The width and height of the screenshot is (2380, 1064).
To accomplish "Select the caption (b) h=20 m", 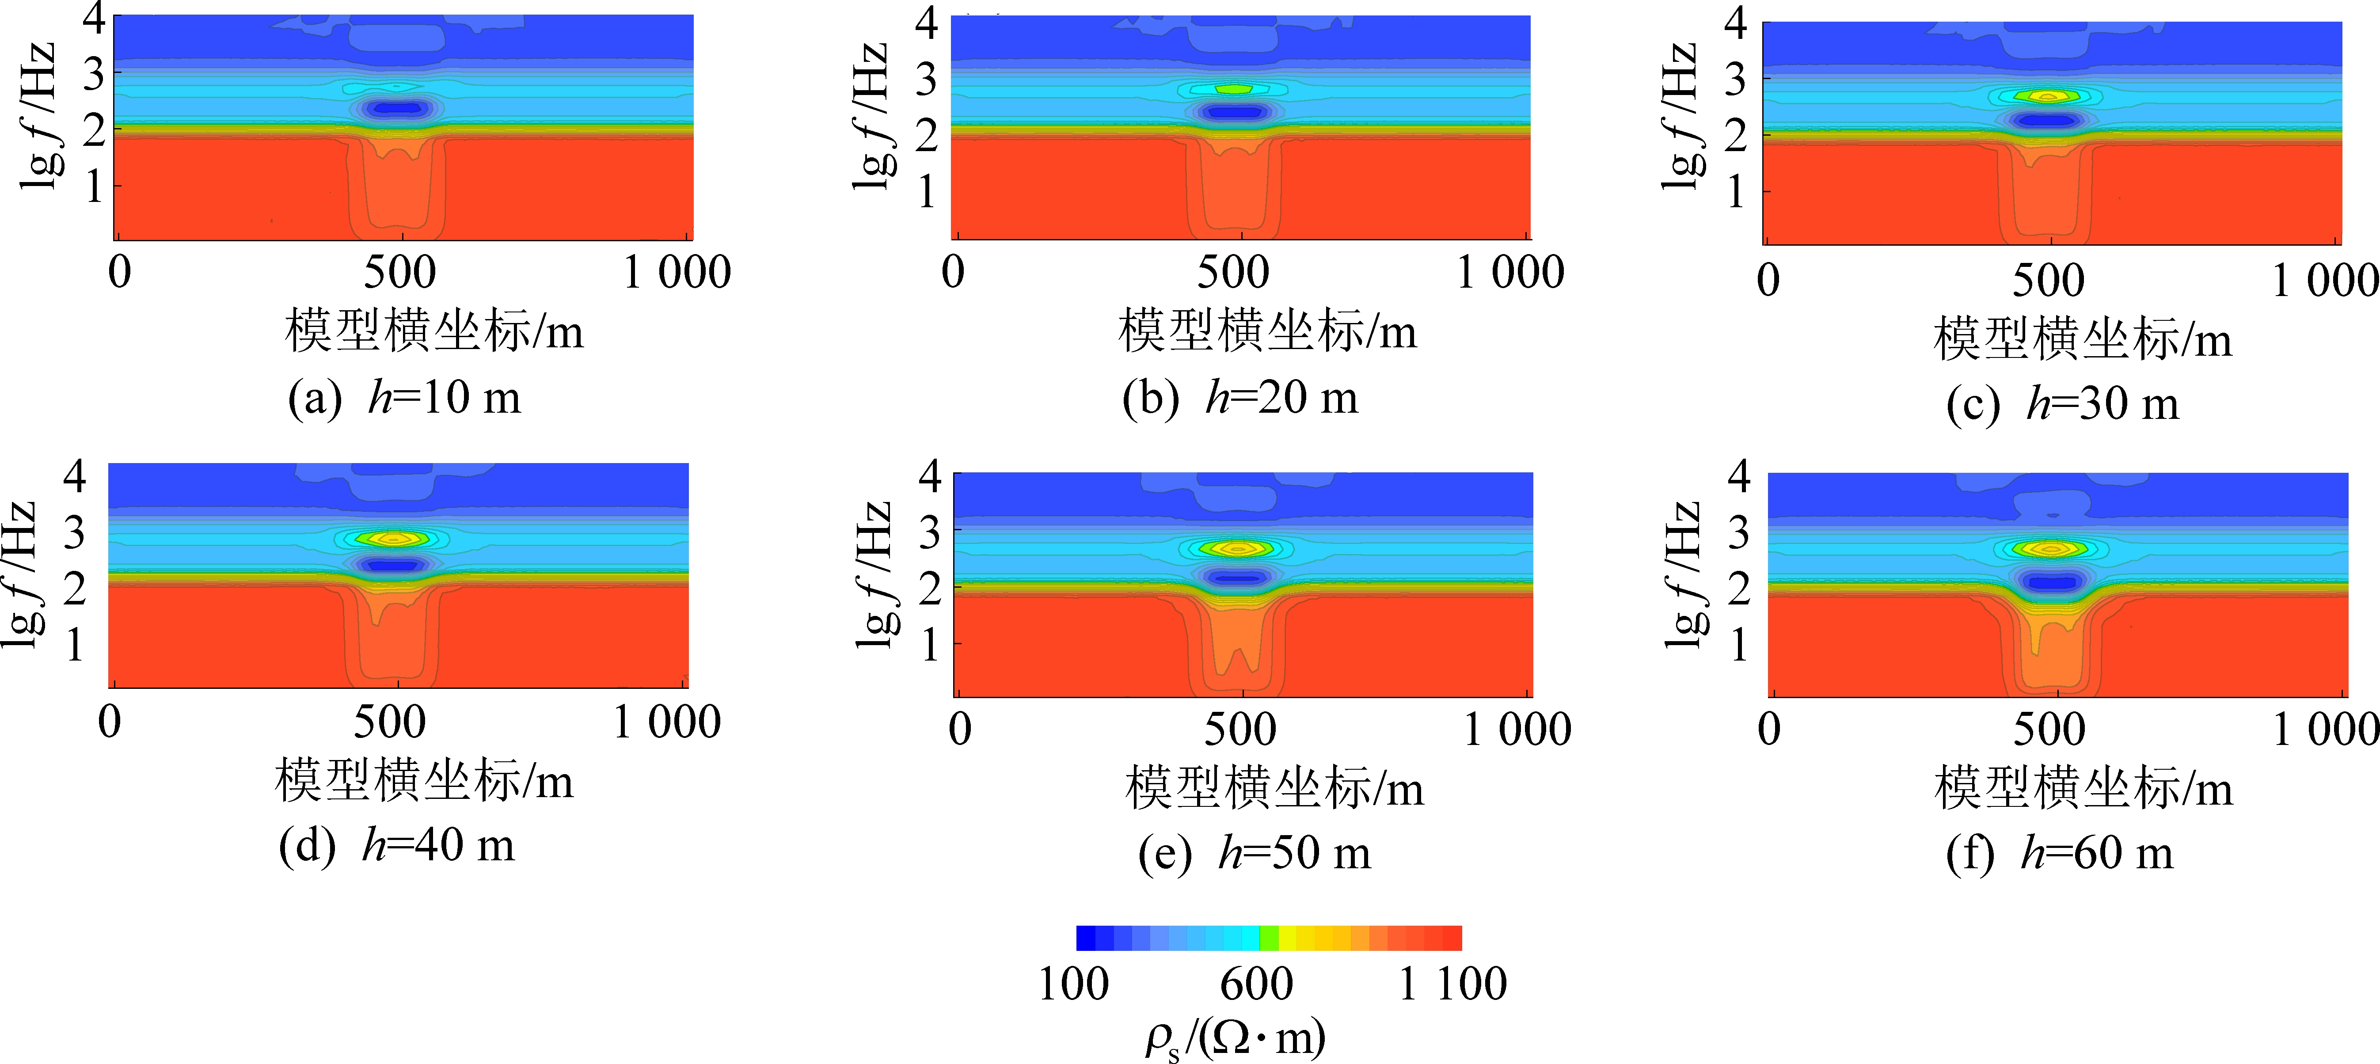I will tap(1240, 398).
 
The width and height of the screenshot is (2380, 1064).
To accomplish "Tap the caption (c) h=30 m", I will tap(2062, 403).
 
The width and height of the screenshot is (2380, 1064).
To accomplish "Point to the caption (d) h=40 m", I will tap(396, 845).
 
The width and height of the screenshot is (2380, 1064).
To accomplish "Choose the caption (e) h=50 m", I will tap(1254, 852).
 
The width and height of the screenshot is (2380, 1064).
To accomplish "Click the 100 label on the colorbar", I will tap(1074, 984).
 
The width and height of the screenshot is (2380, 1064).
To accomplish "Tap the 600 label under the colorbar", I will tap(1257, 984).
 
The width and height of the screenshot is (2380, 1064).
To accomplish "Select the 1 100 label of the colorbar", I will tap(1452, 984).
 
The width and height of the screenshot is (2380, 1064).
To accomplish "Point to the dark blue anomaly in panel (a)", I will tap(395, 108).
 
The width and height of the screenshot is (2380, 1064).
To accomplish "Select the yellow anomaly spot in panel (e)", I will tap(1238, 548).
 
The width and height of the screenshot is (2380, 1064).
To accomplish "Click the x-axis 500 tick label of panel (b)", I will tap(1233, 273).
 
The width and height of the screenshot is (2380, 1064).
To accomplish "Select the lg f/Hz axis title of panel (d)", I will tap(20, 574).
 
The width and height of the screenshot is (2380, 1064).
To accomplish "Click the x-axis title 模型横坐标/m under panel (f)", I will tap(2083, 788).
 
